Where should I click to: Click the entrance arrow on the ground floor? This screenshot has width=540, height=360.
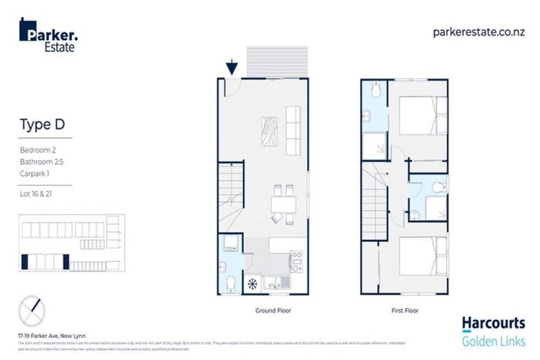232,68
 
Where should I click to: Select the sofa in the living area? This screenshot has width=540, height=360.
293,131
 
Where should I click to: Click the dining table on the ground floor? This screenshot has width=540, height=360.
283,204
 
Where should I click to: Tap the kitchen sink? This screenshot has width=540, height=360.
276,283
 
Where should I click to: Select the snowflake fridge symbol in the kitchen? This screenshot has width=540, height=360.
252,284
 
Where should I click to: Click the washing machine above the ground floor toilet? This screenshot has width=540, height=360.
231,244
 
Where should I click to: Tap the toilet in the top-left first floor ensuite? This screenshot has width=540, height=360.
375,89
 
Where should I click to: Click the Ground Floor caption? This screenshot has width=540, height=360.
273,310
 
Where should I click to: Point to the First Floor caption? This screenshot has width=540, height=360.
404,310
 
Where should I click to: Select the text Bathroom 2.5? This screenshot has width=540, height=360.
41,162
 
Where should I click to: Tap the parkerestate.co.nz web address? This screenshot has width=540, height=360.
479,31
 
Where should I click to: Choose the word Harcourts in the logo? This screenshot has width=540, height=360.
493,323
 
